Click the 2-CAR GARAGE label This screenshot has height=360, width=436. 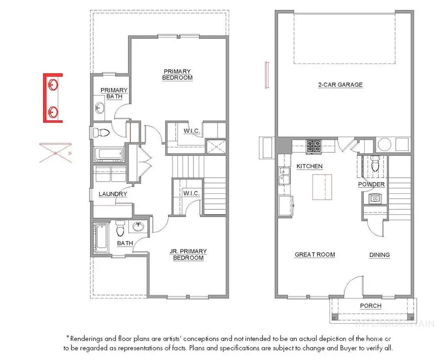[x=341, y=85]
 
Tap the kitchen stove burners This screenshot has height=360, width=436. [x=313, y=146]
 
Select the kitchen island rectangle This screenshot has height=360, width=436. [x=322, y=187]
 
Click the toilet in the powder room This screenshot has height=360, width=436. [x=375, y=164]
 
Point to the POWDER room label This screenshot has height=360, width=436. [x=371, y=184]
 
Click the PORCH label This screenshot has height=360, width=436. [x=371, y=306]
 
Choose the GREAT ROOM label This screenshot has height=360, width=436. [x=315, y=254]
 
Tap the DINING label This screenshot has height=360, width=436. [x=379, y=255]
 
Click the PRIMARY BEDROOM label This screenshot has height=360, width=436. [x=177, y=75]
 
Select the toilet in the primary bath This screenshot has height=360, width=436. [x=101, y=132]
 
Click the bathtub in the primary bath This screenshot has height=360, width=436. [x=108, y=154]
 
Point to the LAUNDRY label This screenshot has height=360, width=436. [x=113, y=194]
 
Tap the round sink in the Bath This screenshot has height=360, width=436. [x=138, y=226]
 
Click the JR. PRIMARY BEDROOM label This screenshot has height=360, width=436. [x=188, y=254]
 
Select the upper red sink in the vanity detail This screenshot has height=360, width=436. [x=53, y=85]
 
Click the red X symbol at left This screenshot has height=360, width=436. [x=56, y=153]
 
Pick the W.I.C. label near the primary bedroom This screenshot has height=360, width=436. [x=191, y=130]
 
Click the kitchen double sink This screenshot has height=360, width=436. [x=283, y=176]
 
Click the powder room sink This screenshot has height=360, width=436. [x=375, y=198]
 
